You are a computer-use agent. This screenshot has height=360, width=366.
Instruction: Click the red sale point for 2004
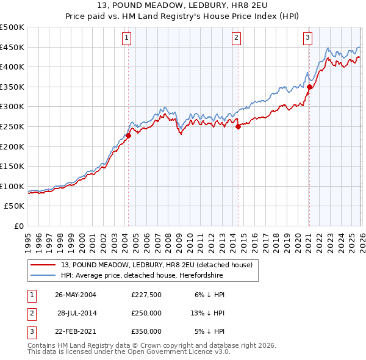click(129, 136)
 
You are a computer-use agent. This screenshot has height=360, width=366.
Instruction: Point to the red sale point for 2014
click(238, 127)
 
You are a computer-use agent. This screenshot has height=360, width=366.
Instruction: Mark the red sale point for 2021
click(309, 87)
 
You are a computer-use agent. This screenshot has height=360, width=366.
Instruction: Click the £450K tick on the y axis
click(12, 48)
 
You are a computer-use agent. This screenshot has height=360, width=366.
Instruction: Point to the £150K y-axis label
click(12, 167)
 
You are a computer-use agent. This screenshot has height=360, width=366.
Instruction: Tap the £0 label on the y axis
click(19, 226)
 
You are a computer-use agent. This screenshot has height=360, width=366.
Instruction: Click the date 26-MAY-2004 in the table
click(76, 294)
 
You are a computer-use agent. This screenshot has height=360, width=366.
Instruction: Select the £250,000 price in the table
click(146, 313)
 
